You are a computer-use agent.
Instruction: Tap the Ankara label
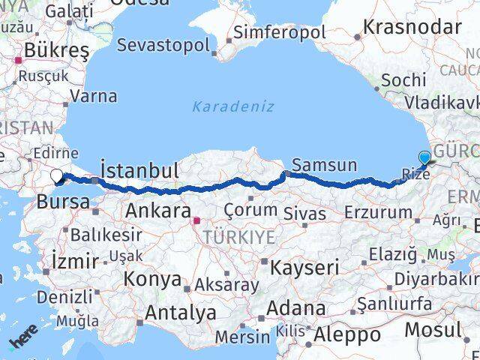[156, 210]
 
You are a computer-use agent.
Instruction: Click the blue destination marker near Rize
[425, 157]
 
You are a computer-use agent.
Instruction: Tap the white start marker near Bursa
[57, 177]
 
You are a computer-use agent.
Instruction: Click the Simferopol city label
[279, 32]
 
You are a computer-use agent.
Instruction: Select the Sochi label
[403, 79]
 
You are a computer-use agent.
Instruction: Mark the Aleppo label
[347, 334]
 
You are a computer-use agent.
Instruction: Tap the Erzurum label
[379, 212]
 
